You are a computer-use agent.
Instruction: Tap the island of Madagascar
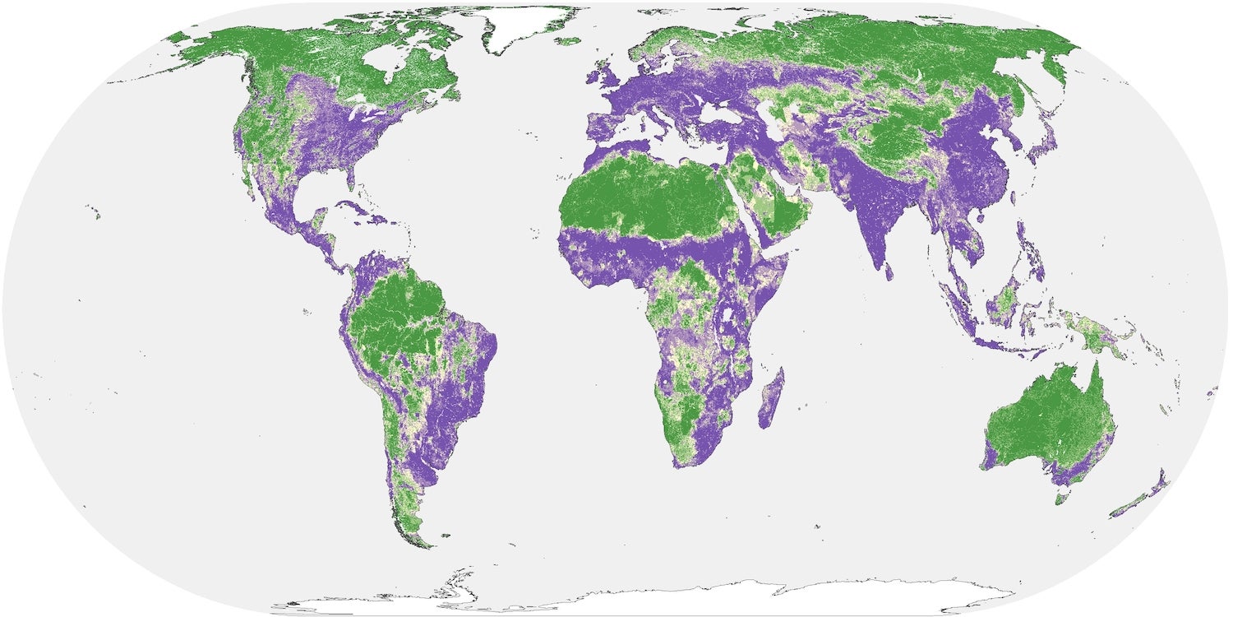(x=771, y=399)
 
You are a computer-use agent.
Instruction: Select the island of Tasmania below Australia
(x=1061, y=497)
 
